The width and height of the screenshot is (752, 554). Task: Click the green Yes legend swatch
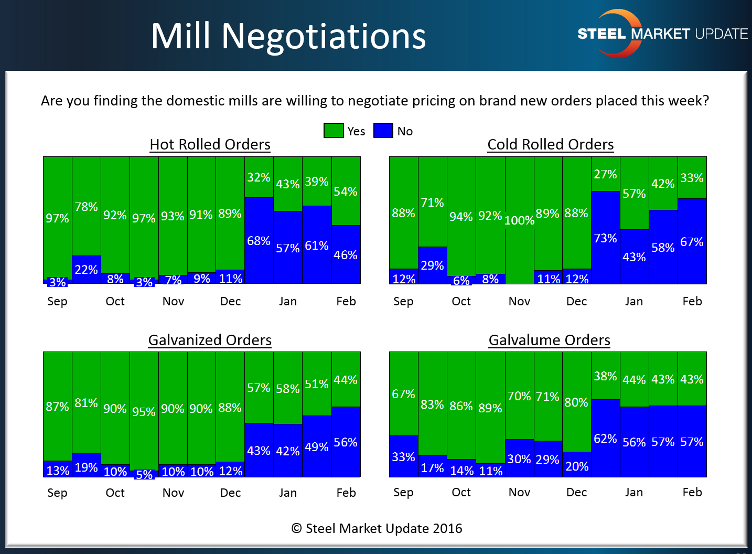click(x=334, y=131)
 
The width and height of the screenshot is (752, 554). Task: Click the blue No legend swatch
click(x=383, y=131)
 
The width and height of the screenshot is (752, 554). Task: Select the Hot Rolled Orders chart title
click(x=210, y=144)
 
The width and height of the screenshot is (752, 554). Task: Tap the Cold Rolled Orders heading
click(x=550, y=144)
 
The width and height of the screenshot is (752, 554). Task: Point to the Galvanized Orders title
click(x=210, y=340)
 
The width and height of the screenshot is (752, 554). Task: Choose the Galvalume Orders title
click(x=549, y=340)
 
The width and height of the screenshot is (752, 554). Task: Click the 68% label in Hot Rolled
click(x=259, y=241)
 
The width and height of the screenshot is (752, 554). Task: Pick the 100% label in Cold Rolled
click(x=519, y=220)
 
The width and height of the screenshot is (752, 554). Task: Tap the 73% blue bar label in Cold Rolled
click(x=605, y=238)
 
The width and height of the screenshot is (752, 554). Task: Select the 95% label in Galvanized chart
click(x=144, y=412)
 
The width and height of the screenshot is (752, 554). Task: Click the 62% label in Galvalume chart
click(x=605, y=439)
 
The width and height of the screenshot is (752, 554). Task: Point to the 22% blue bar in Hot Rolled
click(x=87, y=270)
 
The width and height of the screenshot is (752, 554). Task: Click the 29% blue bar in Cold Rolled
click(x=432, y=265)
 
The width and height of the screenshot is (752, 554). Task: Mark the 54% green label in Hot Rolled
click(x=346, y=191)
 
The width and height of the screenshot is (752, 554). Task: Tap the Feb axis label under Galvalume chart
click(x=692, y=492)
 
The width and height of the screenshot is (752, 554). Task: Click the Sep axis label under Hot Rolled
click(x=57, y=301)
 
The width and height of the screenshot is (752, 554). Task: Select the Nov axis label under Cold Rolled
click(x=519, y=301)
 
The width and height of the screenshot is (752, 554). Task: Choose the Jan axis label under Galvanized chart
click(x=288, y=493)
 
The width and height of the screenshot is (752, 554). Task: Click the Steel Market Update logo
click(x=662, y=34)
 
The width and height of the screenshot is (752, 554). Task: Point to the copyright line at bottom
click(x=377, y=528)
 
